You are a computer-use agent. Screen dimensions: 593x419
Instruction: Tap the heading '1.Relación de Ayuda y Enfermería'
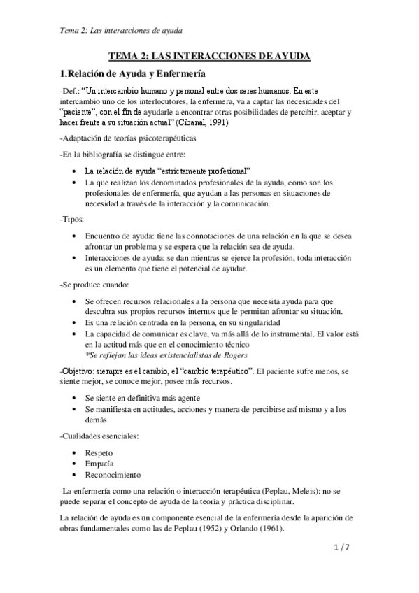[132, 73]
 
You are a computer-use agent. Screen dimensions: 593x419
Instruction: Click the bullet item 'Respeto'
[100, 452]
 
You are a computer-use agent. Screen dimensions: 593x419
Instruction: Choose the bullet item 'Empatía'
[101, 463]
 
